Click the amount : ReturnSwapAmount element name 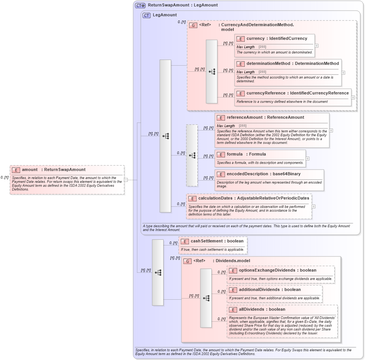53,170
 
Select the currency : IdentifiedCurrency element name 277,38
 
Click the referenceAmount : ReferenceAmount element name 265,117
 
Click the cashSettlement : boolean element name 217,241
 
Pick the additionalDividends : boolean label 270,289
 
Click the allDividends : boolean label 262,309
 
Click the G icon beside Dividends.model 187,261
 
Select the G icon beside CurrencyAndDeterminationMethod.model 193,25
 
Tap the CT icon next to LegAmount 146,15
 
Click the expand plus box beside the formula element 307,159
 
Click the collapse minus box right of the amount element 126,180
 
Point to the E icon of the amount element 16,170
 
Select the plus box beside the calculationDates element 313,206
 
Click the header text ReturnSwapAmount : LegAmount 182,5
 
